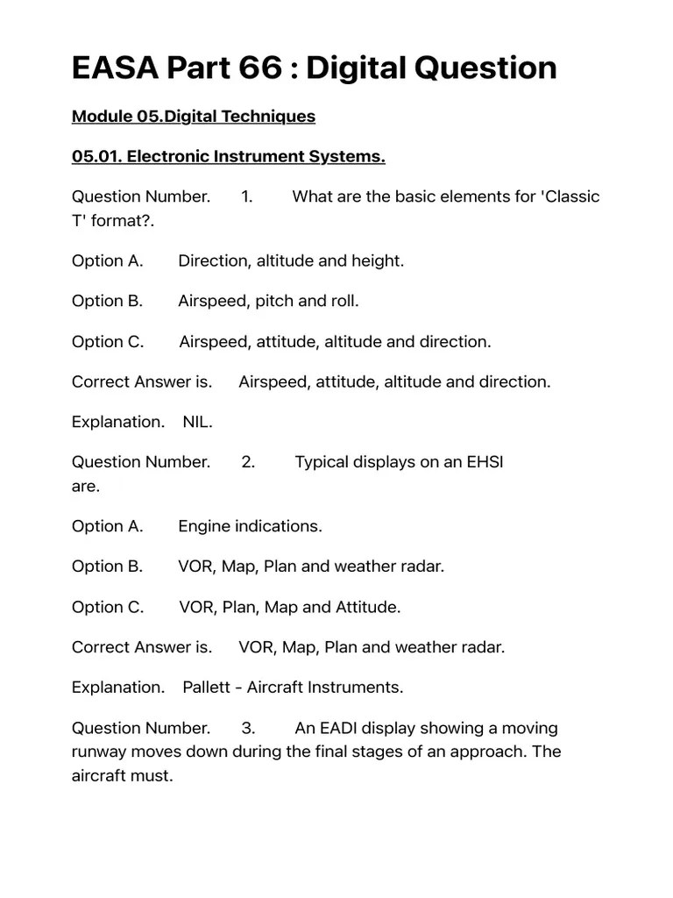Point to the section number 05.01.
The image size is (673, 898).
(x=96, y=156)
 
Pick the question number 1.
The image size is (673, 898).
(x=246, y=196)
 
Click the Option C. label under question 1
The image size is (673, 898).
(x=107, y=341)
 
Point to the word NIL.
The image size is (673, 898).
(x=197, y=422)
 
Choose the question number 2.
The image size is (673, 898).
(x=248, y=462)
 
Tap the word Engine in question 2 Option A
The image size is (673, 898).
(x=204, y=526)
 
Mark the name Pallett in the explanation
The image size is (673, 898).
(x=208, y=688)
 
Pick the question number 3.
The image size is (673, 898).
(x=248, y=728)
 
